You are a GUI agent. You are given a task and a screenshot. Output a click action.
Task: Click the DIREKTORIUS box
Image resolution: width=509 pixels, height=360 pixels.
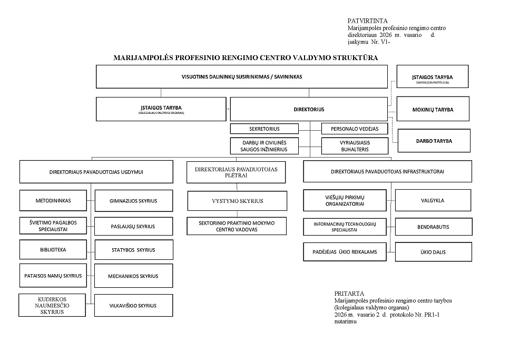click(309, 109)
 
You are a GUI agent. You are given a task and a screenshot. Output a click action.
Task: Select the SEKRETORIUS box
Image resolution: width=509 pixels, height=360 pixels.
click(265, 129)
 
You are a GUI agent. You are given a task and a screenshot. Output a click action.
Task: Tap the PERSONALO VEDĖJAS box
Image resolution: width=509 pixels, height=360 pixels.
click(354, 129)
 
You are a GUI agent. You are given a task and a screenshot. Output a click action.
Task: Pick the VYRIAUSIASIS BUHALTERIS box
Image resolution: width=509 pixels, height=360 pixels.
click(354, 146)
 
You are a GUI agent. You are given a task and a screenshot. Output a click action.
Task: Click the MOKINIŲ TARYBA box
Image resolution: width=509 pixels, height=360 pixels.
click(433, 110)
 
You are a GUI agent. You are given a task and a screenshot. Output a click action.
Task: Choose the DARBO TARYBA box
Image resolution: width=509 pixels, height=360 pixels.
click(433, 141)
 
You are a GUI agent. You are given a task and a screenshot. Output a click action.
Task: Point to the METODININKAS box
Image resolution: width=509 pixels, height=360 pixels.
click(53, 200)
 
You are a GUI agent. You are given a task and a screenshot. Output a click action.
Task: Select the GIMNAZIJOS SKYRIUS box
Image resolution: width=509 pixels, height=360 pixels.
click(133, 201)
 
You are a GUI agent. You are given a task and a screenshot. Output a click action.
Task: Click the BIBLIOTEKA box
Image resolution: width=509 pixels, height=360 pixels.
click(53, 250)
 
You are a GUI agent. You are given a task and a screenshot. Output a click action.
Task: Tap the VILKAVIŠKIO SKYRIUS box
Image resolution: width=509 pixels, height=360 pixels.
click(133, 305)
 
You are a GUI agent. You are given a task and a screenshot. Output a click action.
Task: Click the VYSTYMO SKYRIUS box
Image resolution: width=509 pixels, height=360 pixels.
click(237, 201)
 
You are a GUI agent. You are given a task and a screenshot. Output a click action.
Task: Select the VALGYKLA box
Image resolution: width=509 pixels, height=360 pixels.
click(433, 200)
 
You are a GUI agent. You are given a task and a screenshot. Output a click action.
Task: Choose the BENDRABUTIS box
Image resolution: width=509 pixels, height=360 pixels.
click(433, 227)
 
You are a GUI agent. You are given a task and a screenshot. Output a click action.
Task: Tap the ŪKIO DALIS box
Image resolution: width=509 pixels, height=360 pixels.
click(433, 252)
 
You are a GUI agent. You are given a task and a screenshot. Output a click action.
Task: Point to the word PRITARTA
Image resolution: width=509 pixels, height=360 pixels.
click(349, 294)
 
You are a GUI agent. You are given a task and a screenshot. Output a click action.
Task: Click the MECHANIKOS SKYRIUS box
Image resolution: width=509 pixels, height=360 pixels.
click(133, 276)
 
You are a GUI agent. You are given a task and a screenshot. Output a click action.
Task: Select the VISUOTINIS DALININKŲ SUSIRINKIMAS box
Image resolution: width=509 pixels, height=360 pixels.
click(241, 76)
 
